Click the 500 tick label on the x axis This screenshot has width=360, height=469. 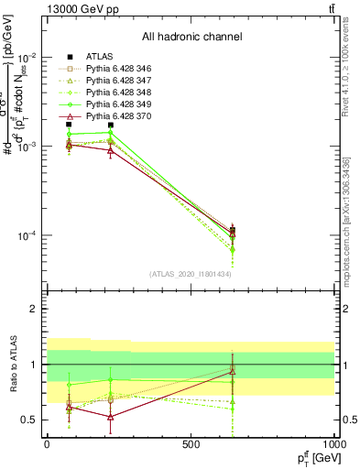(x=191, y=443)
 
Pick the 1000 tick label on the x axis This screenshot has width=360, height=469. (x=333, y=443)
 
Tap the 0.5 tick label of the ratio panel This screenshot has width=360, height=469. (x=31, y=420)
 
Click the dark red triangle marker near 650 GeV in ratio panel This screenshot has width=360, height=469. (x=233, y=371)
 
